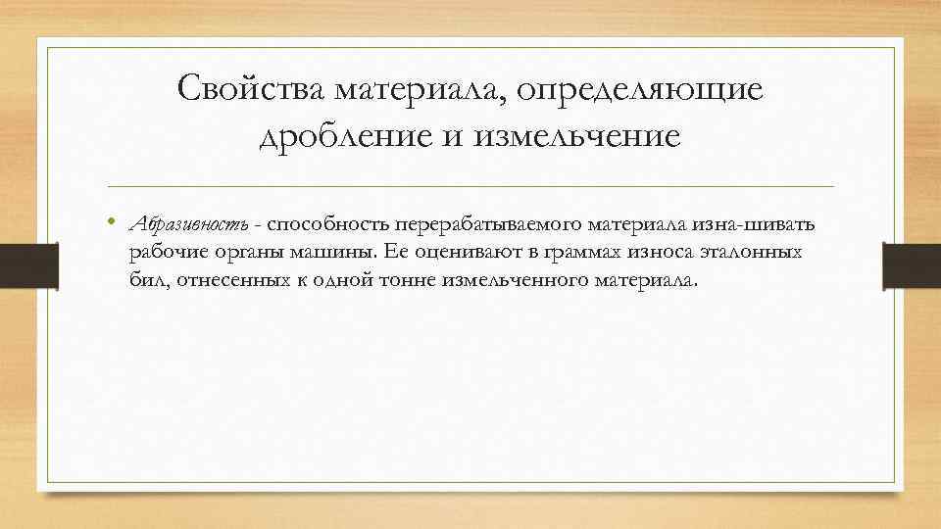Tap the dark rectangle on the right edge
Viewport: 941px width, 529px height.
coord(912,265)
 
